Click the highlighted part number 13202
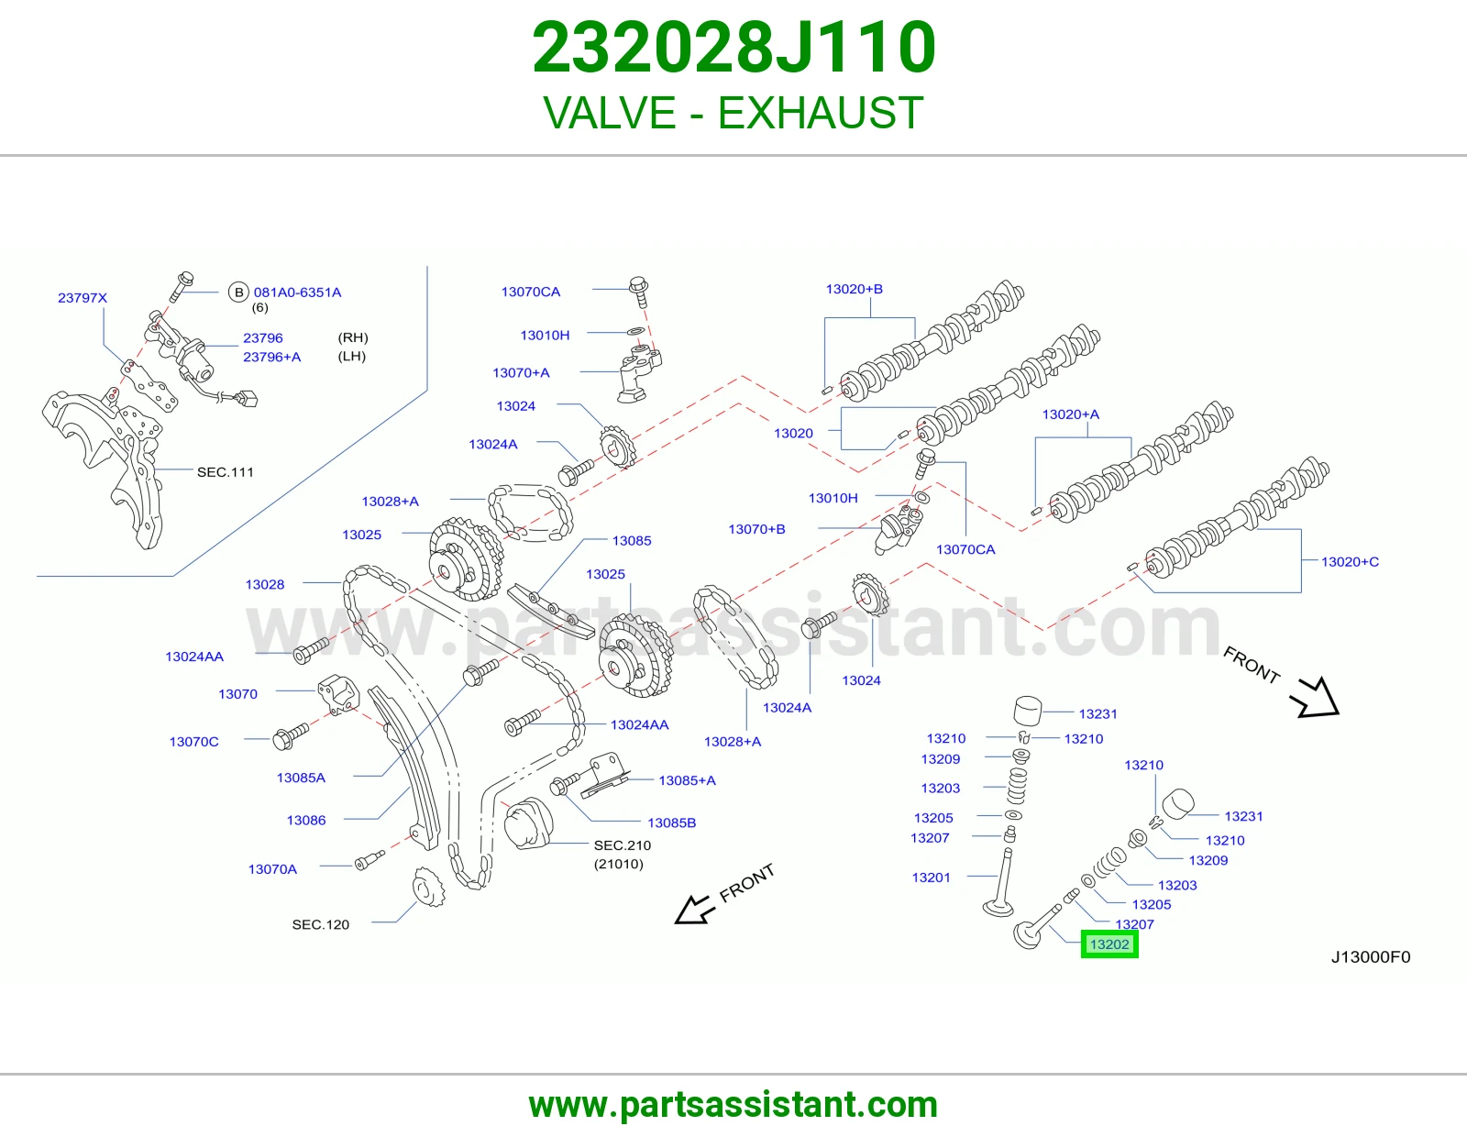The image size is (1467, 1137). coord(1109,944)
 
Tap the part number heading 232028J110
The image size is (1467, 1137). coord(733,48)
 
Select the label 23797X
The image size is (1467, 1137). coord(83,298)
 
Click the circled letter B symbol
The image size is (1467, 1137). coord(238,293)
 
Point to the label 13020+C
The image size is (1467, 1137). coord(1350,562)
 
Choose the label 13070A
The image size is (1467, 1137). coord(272,869)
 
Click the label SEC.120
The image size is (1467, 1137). coord(321,924)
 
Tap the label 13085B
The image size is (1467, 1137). coord(672,822)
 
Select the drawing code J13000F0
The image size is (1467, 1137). coord(1371,956)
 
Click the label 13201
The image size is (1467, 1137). coord(931,878)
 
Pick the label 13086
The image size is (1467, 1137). coord(306,820)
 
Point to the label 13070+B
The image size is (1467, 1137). coord(756,529)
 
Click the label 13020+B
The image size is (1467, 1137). coord(854,289)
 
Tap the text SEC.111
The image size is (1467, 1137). coord(226,472)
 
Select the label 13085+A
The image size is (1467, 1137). coord(688,780)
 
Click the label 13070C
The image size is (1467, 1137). coord(193,742)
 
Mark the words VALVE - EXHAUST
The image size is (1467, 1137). coord(733,113)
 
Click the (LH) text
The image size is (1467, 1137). coord(352,356)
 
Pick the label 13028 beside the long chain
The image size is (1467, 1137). coord(265,584)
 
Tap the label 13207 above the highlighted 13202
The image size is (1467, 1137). coord(1134,923)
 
